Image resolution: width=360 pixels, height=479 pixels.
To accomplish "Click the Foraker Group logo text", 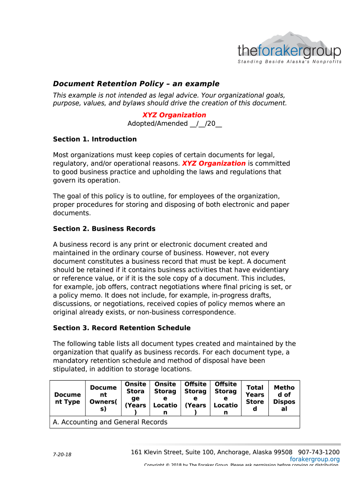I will (x=289, y=51).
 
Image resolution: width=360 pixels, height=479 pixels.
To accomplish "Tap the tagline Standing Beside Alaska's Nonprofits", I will (x=289, y=62).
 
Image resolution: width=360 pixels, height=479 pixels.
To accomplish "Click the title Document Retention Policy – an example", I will (x=136, y=84).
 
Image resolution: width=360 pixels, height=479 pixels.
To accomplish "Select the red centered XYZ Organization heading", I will (x=174, y=115).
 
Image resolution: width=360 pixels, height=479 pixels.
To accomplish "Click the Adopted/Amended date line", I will (x=174, y=123).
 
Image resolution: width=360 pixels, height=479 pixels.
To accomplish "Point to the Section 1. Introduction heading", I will (x=95, y=139).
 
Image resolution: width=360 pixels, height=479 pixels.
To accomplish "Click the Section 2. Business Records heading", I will (x=104, y=229).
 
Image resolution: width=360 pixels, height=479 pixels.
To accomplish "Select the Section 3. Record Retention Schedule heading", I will (x=122, y=328).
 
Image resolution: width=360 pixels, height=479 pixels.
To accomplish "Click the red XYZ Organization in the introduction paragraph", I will (x=214, y=164).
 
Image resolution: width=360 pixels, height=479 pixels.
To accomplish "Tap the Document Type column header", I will (x=67, y=398).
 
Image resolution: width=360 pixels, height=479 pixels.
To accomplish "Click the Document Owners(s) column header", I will (x=103, y=398).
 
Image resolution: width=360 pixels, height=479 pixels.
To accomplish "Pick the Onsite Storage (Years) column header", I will (x=135, y=398).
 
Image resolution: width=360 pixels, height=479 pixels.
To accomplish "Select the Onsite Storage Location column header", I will (x=165, y=398).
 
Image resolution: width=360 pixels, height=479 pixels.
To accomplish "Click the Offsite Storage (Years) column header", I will (x=195, y=398).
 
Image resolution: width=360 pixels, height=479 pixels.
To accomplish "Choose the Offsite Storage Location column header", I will (x=225, y=398).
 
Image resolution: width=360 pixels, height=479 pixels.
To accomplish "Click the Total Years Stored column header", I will (x=255, y=398).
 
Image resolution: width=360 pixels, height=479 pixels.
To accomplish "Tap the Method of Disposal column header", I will (x=284, y=398).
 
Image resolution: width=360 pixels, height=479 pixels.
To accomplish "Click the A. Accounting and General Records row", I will (x=110, y=422).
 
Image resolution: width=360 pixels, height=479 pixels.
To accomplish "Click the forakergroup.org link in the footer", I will (x=315, y=459).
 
